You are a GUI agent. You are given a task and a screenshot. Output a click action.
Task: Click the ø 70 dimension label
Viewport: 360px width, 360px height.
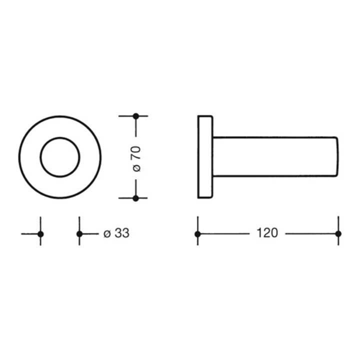coord(136,159)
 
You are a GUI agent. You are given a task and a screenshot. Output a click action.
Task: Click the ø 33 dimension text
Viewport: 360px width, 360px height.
coord(116,233)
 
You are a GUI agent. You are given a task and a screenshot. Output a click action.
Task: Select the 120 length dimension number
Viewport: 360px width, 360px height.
coord(267,233)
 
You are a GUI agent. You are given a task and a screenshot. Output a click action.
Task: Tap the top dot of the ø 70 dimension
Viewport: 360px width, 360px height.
coord(136,116)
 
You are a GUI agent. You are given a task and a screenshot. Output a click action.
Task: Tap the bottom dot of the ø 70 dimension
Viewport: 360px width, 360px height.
coord(136,198)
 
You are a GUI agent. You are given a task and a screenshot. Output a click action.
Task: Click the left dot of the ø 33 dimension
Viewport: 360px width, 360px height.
coord(40,234)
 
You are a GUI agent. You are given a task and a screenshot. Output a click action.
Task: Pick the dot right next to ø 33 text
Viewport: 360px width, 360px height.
coord(79,234)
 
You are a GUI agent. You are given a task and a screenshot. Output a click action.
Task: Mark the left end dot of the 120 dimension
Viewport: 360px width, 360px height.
coord(197,234)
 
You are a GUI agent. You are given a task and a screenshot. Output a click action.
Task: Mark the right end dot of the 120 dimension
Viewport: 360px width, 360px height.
coord(338,234)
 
